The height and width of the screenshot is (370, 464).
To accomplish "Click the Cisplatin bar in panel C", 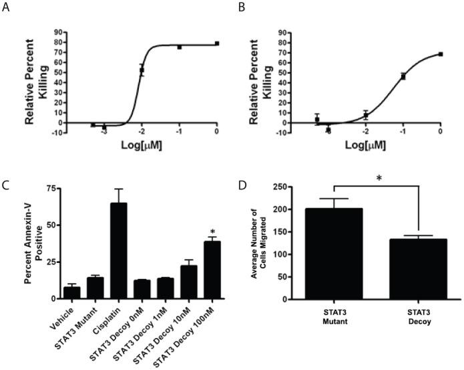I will point(119,252).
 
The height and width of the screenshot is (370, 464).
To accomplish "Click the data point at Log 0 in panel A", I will point(217,43).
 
